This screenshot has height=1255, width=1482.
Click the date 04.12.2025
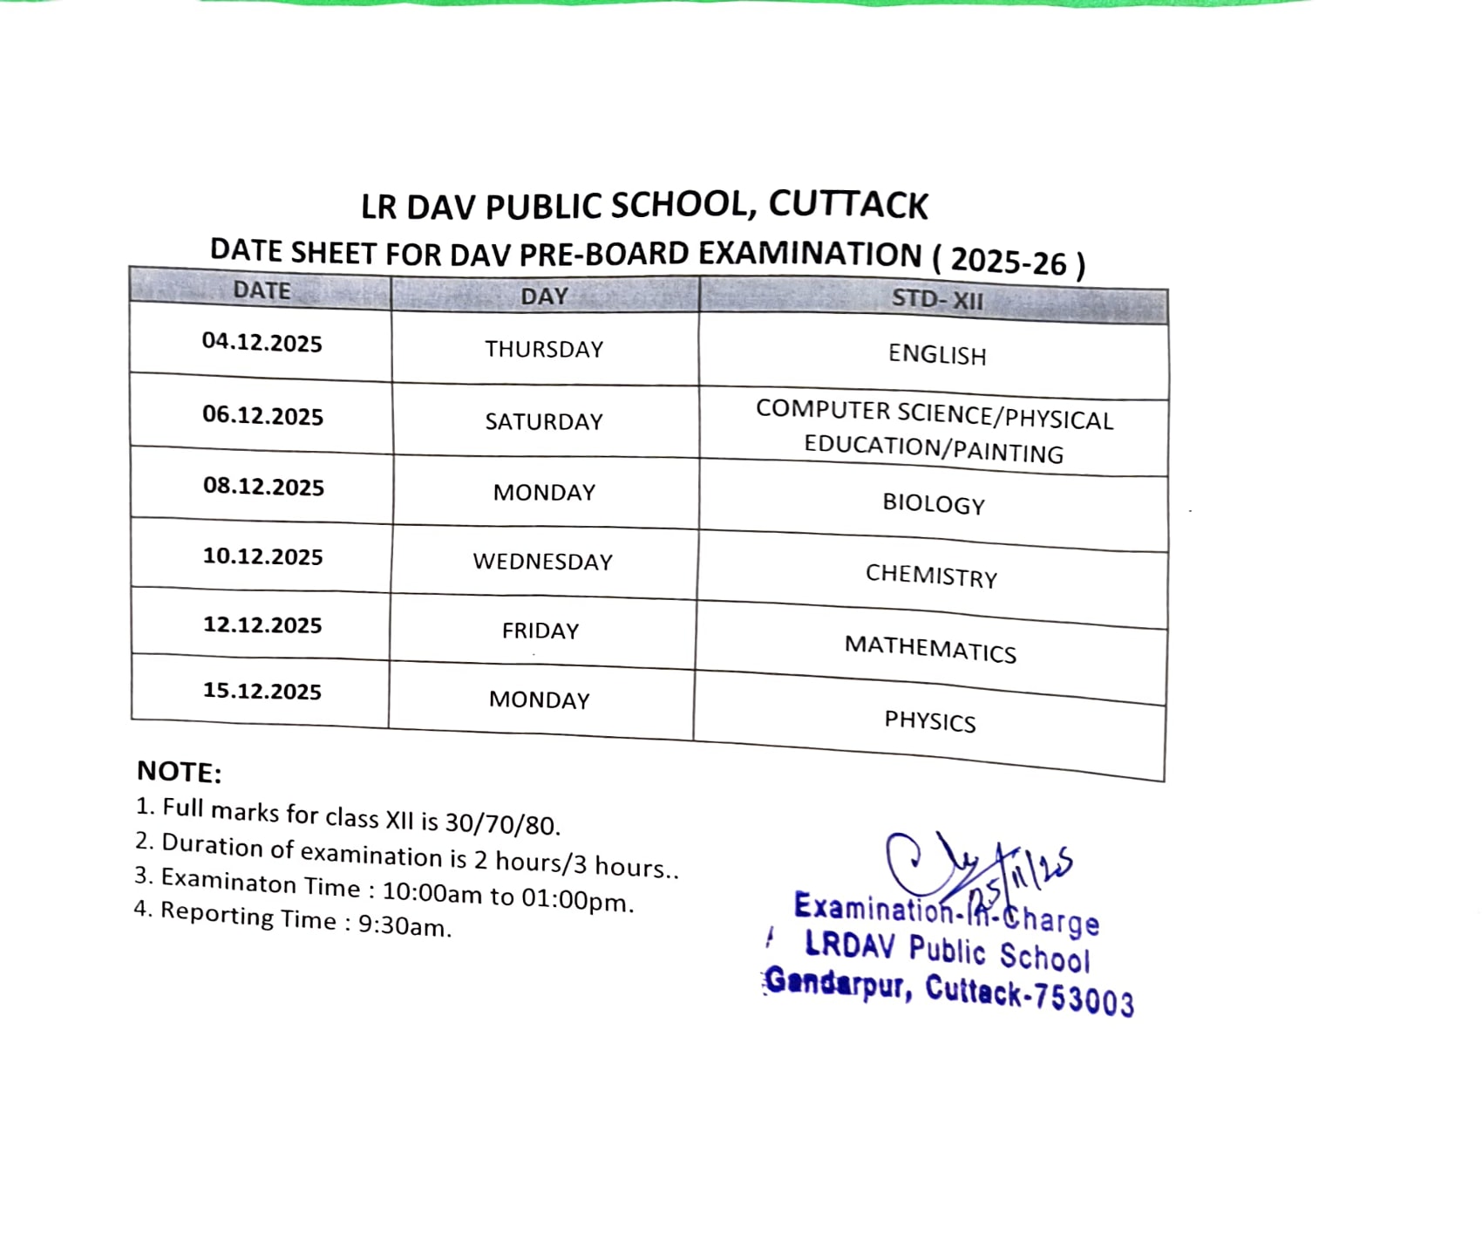[x=262, y=342]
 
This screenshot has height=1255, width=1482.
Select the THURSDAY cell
[x=544, y=349]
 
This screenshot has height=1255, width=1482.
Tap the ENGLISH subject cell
[x=937, y=355]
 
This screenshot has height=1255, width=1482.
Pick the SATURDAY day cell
[x=544, y=422]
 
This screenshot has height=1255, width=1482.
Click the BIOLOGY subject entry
[x=934, y=504]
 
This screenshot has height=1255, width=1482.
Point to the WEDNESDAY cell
[x=542, y=562]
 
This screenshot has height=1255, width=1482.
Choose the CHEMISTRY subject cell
[x=931, y=576]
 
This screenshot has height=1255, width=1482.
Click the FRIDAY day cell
[x=540, y=631]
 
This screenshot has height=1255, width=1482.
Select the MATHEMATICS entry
[x=930, y=649]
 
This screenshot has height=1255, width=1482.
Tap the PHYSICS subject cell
[x=930, y=721]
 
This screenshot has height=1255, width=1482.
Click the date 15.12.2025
[x=262, y=691]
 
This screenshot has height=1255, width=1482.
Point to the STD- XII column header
[x=937, y=300]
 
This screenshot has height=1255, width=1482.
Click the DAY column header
[x=544, y=297]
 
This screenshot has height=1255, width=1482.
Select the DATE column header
[x=262, y=290]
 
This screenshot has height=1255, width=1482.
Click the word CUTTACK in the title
[x=848, y=205]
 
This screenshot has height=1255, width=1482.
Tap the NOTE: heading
[x=180, y=772]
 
